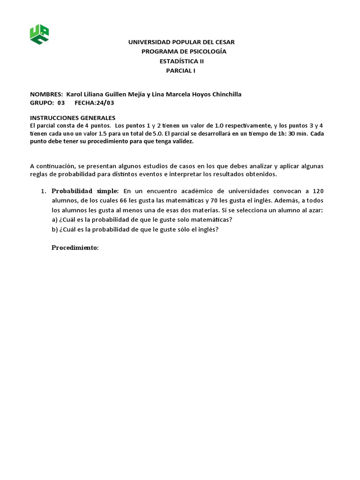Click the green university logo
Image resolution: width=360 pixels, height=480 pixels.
(x=40, y=34)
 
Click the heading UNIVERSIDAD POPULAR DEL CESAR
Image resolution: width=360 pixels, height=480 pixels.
(x=181, y=42)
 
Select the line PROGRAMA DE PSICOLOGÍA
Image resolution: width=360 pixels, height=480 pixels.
(x=184, y=52)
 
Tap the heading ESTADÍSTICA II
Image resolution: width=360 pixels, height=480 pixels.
(x=182, y=61)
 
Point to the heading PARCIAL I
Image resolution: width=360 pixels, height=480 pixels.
(x=181, y=70)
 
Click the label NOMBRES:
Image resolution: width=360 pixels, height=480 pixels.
(x=46, y=94)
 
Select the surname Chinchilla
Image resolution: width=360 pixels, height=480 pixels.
(x=224, y=94)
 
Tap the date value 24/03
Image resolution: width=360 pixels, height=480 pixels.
(x=105, y=103)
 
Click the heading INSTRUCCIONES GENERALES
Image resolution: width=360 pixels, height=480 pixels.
(x=73, y=118)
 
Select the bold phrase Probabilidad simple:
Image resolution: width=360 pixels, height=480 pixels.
(x=85, y=191)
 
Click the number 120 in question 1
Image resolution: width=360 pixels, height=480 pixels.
(x=318, y=191)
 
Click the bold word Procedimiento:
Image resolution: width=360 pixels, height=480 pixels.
(x=75, y=247)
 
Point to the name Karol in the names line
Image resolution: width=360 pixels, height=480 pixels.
(x=75, y=94)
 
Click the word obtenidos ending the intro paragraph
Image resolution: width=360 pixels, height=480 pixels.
(x=263, y=174)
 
